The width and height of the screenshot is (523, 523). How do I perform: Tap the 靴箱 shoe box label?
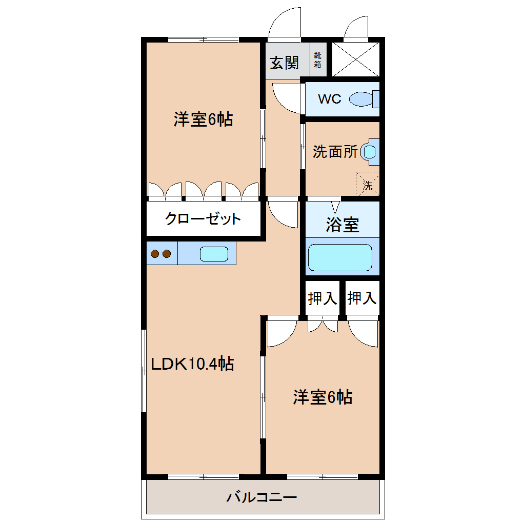click(x=318, y=60)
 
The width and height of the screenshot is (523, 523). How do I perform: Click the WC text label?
click(x=329, y=99)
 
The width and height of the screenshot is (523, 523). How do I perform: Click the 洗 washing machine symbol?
click(x=368, y=183)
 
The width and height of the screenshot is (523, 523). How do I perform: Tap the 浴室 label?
click(x=342, y=225)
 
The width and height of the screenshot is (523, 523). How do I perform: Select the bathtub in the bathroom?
click(x=339, y=257)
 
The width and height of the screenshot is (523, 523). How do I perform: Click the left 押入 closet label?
click(x=322, y=298)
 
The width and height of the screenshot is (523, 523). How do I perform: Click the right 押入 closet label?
click(x=362, y=298)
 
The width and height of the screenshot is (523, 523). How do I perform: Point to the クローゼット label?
click(x=203, y=219)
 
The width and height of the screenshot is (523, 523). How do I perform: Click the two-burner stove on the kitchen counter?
click(x=161, y=253)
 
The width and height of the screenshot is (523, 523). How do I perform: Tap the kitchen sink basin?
click(x=214, y=254)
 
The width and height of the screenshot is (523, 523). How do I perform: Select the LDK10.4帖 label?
click(x=192, y=364)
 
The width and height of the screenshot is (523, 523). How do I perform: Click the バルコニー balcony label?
click(x=262, y=497)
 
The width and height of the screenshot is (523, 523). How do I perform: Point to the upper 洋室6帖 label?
click(x=203, y=119)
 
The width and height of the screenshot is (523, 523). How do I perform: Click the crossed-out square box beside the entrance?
click(x=355, y=59)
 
